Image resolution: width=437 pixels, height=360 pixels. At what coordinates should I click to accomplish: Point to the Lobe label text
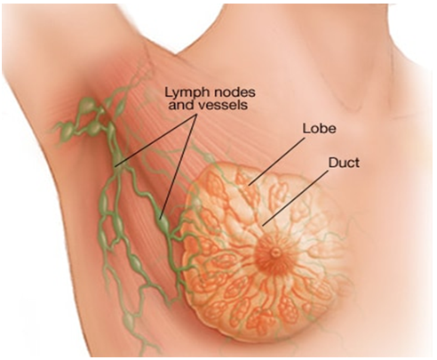pos(319,128)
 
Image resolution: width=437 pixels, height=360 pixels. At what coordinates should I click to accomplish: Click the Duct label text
pos(344,163)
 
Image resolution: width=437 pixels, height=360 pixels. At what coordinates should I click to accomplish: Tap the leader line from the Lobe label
pos(276,163)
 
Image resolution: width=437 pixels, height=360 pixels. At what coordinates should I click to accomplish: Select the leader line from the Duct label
pos(296,198)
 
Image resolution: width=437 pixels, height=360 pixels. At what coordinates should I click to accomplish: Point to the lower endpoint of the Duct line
pos(263,226)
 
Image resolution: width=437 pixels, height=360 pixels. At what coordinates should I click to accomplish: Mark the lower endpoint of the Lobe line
pos(249,186)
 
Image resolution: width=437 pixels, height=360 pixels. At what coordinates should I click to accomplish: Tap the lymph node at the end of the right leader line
pos(163,225)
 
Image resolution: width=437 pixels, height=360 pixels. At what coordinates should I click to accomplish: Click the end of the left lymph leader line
pos(116,166)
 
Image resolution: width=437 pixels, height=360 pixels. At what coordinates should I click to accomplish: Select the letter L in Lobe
pos(306,128)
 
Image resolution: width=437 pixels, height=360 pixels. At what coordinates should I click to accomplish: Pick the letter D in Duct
pos(333,163)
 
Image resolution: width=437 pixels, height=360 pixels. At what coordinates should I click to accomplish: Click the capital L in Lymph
pos(168,92)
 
